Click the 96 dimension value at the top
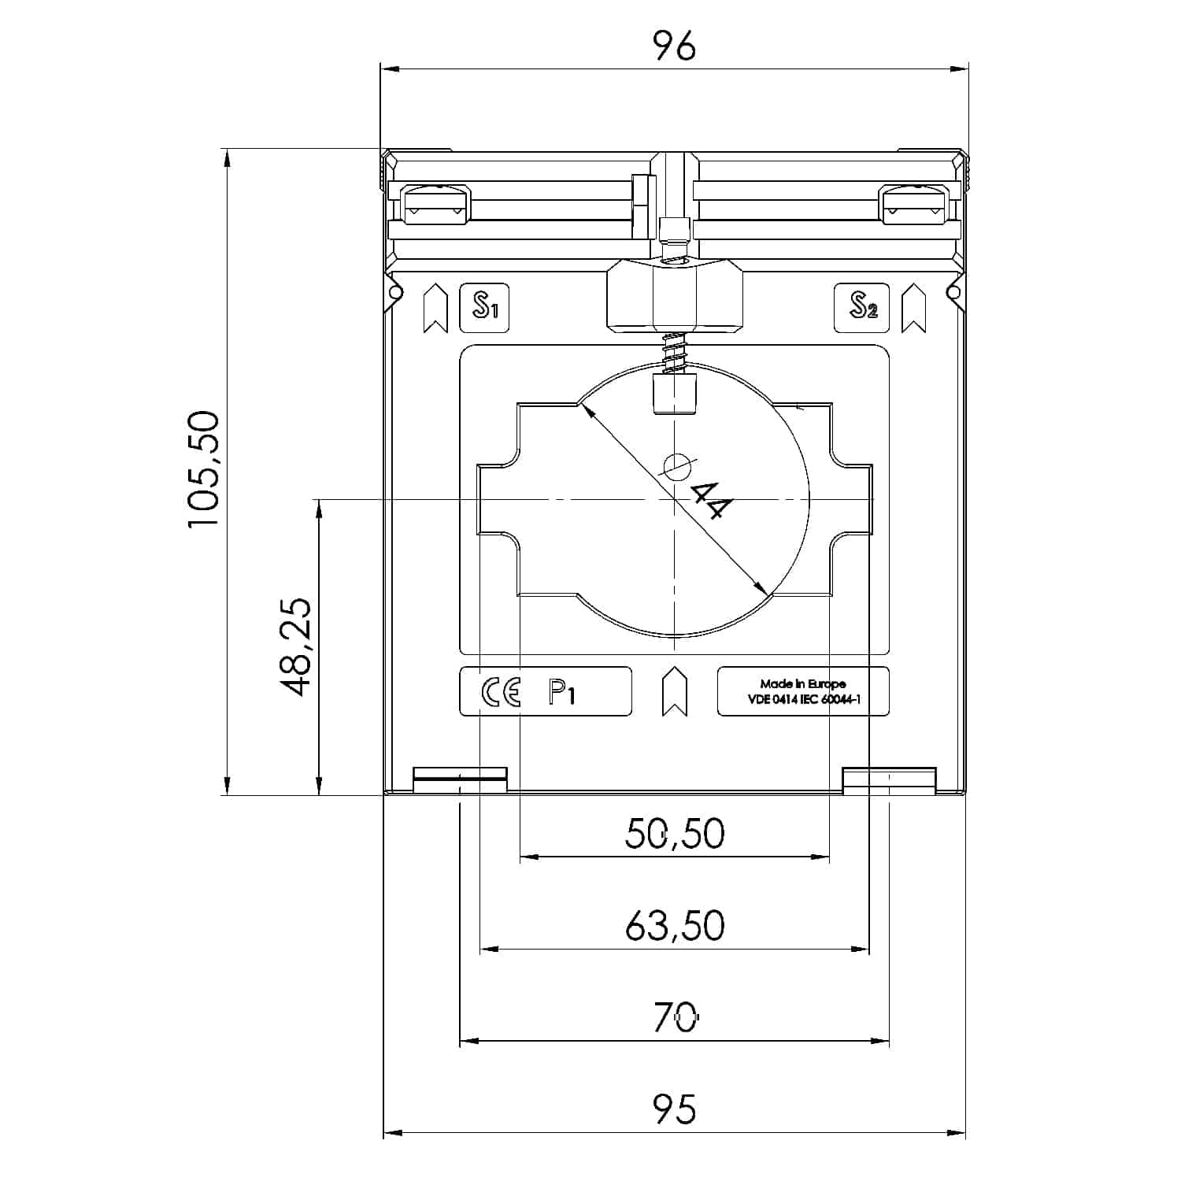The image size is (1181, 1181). [x=675, y=47]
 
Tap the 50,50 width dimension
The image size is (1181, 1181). [x=675, y=833]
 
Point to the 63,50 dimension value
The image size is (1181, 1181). [x=675, y=926]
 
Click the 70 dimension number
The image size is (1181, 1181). [x=675, y=1018]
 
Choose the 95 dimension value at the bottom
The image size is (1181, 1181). [x=675, y=1109]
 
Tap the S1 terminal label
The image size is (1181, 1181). [x=484, y=307]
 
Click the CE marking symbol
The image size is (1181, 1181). [x=501, y=692]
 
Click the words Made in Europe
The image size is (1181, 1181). [x=802, y=683]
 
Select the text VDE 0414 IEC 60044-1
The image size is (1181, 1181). [x=802, y=698]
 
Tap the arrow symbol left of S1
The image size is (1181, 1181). [x=435, y=308]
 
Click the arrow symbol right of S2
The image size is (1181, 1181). [x=913, y=308]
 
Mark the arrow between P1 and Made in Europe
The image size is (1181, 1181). [x=675, y=691]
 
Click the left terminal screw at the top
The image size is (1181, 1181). [x=435, y=205]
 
